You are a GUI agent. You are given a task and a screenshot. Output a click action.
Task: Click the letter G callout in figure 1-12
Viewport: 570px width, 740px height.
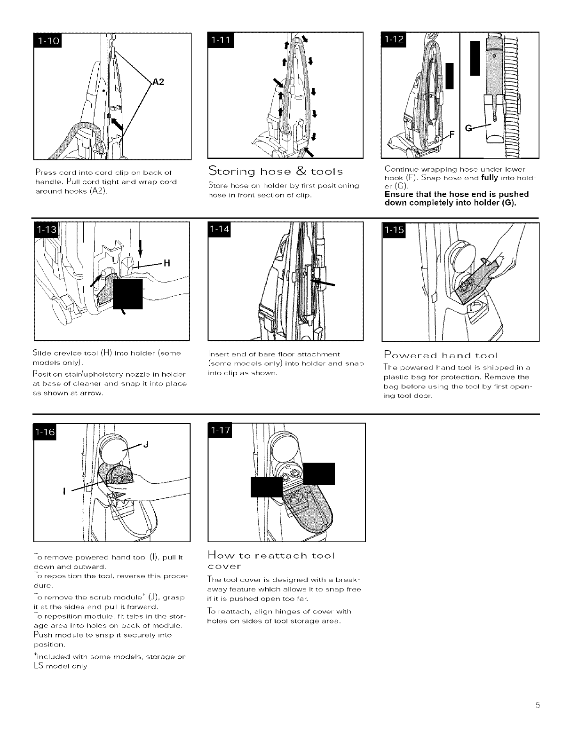click(469, 128)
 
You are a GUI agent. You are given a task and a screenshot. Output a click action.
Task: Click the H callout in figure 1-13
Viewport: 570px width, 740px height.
click(166, 263)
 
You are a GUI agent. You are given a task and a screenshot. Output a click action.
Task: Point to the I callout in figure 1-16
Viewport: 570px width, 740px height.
click(63, 492)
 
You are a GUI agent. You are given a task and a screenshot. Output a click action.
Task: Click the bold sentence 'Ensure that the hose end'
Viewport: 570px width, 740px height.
click(456, 198)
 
